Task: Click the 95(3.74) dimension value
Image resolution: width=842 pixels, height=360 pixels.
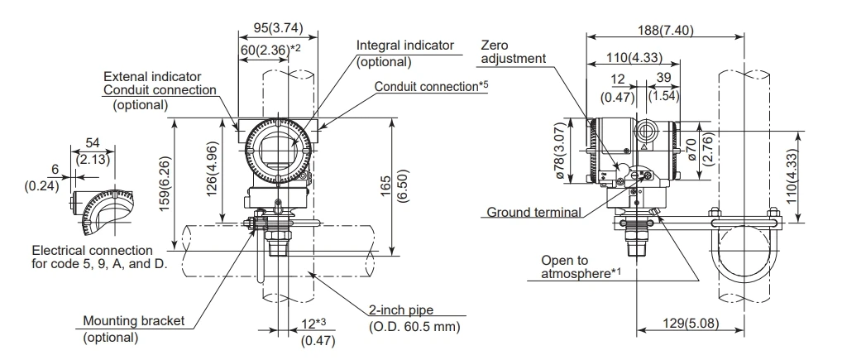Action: [x=278, y=27]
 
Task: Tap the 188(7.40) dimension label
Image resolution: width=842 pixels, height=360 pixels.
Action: [x=665, y=30]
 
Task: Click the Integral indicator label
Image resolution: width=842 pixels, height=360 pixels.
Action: [x=405, y=46]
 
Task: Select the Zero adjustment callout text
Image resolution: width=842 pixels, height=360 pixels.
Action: [x=514, y=51]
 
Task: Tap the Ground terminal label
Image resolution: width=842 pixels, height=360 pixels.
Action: [x=533, y=212]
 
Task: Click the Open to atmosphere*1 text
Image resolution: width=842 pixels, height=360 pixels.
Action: [x=581, y=267]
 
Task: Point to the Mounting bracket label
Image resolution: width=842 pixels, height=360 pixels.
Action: [x=133, y=321]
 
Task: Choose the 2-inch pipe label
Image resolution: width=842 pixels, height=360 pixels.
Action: [x=400, y=310]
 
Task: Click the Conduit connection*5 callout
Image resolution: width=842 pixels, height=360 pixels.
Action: [x=431, y=86]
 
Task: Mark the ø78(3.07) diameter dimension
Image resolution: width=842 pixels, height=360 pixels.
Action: [x=560, y=151]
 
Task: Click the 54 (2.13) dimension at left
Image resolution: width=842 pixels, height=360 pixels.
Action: [x=93, y=151]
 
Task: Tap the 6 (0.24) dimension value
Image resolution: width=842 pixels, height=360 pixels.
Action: [x=42, y=177]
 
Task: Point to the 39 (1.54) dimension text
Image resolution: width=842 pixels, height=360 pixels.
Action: [x=663, y=87]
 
